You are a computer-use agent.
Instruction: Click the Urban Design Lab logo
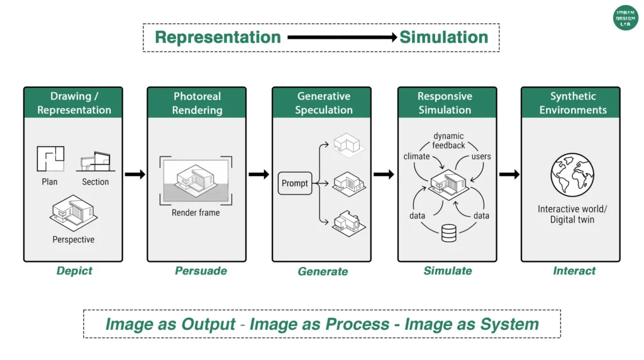coord(625,18)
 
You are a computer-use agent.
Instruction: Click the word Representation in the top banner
coord(218,37)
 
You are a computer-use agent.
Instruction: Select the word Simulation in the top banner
coord(444,37)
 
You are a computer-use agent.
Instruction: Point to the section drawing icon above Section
coord(96,162)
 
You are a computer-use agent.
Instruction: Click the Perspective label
coord(74,240)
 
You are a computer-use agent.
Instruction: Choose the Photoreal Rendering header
coord(197,103)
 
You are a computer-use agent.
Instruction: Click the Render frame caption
coord(196,213)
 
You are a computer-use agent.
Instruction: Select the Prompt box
coord(295,184)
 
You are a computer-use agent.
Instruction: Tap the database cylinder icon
coord(448,233)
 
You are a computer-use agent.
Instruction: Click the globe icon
coord(572,174)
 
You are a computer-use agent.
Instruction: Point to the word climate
coord(416,156)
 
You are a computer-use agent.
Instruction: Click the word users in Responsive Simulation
coord(480,156)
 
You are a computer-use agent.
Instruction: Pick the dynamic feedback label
coord(448,141)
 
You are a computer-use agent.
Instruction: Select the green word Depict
coord(74,271)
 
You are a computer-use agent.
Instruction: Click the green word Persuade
coord(201,271)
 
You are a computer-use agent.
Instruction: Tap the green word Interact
coord(574,271)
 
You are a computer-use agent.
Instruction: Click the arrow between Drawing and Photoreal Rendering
coord(135,174)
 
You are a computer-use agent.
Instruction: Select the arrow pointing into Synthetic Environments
coord(509,174)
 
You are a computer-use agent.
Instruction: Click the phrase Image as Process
coord(319,324)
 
